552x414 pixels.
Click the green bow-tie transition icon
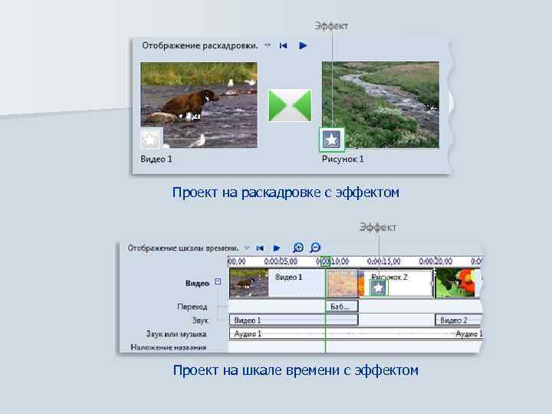pyautogui.click(x=289, y=105)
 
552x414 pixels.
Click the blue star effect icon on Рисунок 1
pyautogui.click(x=331, y=140)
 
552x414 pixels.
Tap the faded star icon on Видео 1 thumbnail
pyautogui.click(x=151, y=139)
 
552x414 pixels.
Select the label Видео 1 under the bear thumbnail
pyautogui.click(x=156, y=159)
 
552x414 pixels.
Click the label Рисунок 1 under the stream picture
pyautogui.click(x=343, y=159)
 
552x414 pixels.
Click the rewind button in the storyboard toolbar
pyautogui.click(x=283, y=45)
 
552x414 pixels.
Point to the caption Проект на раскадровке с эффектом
pyautogui.click(x=286, y=192)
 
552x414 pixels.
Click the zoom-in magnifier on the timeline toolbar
pyautogui.click(x=298, y=248)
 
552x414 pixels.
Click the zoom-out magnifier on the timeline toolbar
pyautogui.click(x=315, y=248)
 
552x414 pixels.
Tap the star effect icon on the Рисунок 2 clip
pyautogui.click(x=378, y=287)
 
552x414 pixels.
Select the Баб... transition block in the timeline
pyautogui.click(x=341, y=306)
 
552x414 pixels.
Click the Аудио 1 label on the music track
pyautogui.click(x=248, y=333)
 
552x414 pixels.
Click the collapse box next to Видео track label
pyautogui.click(x=218, y=281)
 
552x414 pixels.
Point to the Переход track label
pyautogui.click(x=192, y=306)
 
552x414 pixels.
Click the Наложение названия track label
pyautogui.click(x=169, y=347)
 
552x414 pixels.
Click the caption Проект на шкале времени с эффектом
pyautogui.click(x=295, y=370)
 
